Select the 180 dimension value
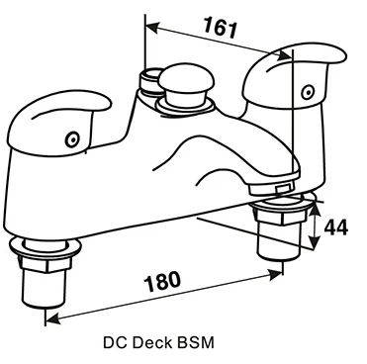pyautogui.click(x=164, y=280)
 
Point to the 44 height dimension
pyautogui.click(x=337, y=227)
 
